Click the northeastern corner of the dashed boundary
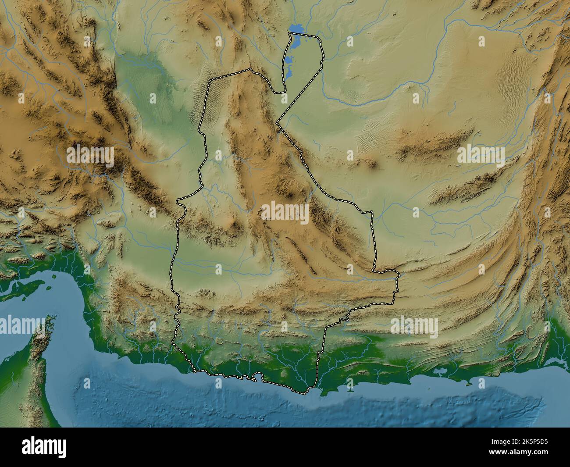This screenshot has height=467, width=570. point(320,40)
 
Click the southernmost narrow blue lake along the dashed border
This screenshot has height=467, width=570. point(287,70)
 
